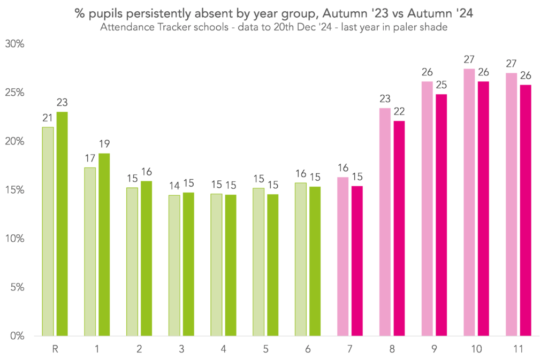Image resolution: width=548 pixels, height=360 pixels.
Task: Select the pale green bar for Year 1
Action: tap(90, 251)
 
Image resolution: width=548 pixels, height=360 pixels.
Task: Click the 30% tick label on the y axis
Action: tap(14, 44)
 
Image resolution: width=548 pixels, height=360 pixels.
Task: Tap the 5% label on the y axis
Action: tap(17, 287)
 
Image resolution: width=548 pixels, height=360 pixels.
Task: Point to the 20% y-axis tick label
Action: tap(14, 141)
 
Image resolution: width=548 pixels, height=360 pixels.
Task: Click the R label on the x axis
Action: tap(55, 348)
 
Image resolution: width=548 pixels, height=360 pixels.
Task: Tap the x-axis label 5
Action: tap(265, 348)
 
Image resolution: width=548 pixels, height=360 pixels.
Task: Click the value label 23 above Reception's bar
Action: tap(62, 103)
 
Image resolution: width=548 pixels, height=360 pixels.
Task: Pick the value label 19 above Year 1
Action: tap(104, 144)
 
